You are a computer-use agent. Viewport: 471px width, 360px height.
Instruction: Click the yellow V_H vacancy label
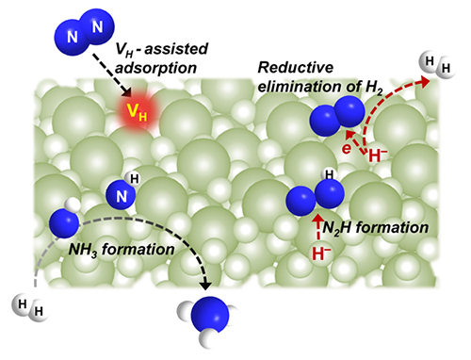pyautogui.click(x=137, y=112)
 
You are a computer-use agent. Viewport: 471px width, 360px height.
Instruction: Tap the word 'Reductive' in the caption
pyautogui.click(x=296, y=68)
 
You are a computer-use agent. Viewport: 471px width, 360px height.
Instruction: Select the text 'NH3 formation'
pyautogui.click(x=122, y=250)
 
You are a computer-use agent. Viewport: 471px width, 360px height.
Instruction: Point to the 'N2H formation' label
pyautogui.click(x=376, y=227)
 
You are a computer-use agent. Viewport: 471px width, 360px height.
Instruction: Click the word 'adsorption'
pyautogui.click(x=155, y=68)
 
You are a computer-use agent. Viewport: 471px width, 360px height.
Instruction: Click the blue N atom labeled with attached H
pyautogui.click(x=121, y=195)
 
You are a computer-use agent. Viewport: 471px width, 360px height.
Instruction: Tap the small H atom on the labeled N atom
pyautogui.click(x=133, y=178)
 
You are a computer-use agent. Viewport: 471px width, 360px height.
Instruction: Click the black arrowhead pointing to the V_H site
pyautogui.click(x=127, y=92)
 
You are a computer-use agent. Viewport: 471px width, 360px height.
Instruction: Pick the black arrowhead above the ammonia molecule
pyautogui.click(x=206, y=286)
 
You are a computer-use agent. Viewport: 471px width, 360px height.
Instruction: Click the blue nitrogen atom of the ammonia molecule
pyautogui.click(x=210, y=315)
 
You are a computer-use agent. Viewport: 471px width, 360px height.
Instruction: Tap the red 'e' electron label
pyautogui.click(x=347, y=148)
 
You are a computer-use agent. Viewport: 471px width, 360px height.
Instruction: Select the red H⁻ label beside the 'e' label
pyautogui.click(x=378, y=155)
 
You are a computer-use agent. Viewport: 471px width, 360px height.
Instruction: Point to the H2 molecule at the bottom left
pyautogui.click(x=30, y=308)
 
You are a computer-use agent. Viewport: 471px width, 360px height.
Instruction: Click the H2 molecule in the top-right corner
pyautogui.click(x=438, y=65)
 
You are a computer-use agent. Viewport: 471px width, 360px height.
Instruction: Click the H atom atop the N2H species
pyautogui.click(x=329, y=174)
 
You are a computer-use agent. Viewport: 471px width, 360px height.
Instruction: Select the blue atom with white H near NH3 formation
pyautogui.click(x=64, y=222)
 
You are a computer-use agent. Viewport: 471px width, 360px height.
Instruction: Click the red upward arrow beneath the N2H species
pyautogui.click(x=318, y=227)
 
